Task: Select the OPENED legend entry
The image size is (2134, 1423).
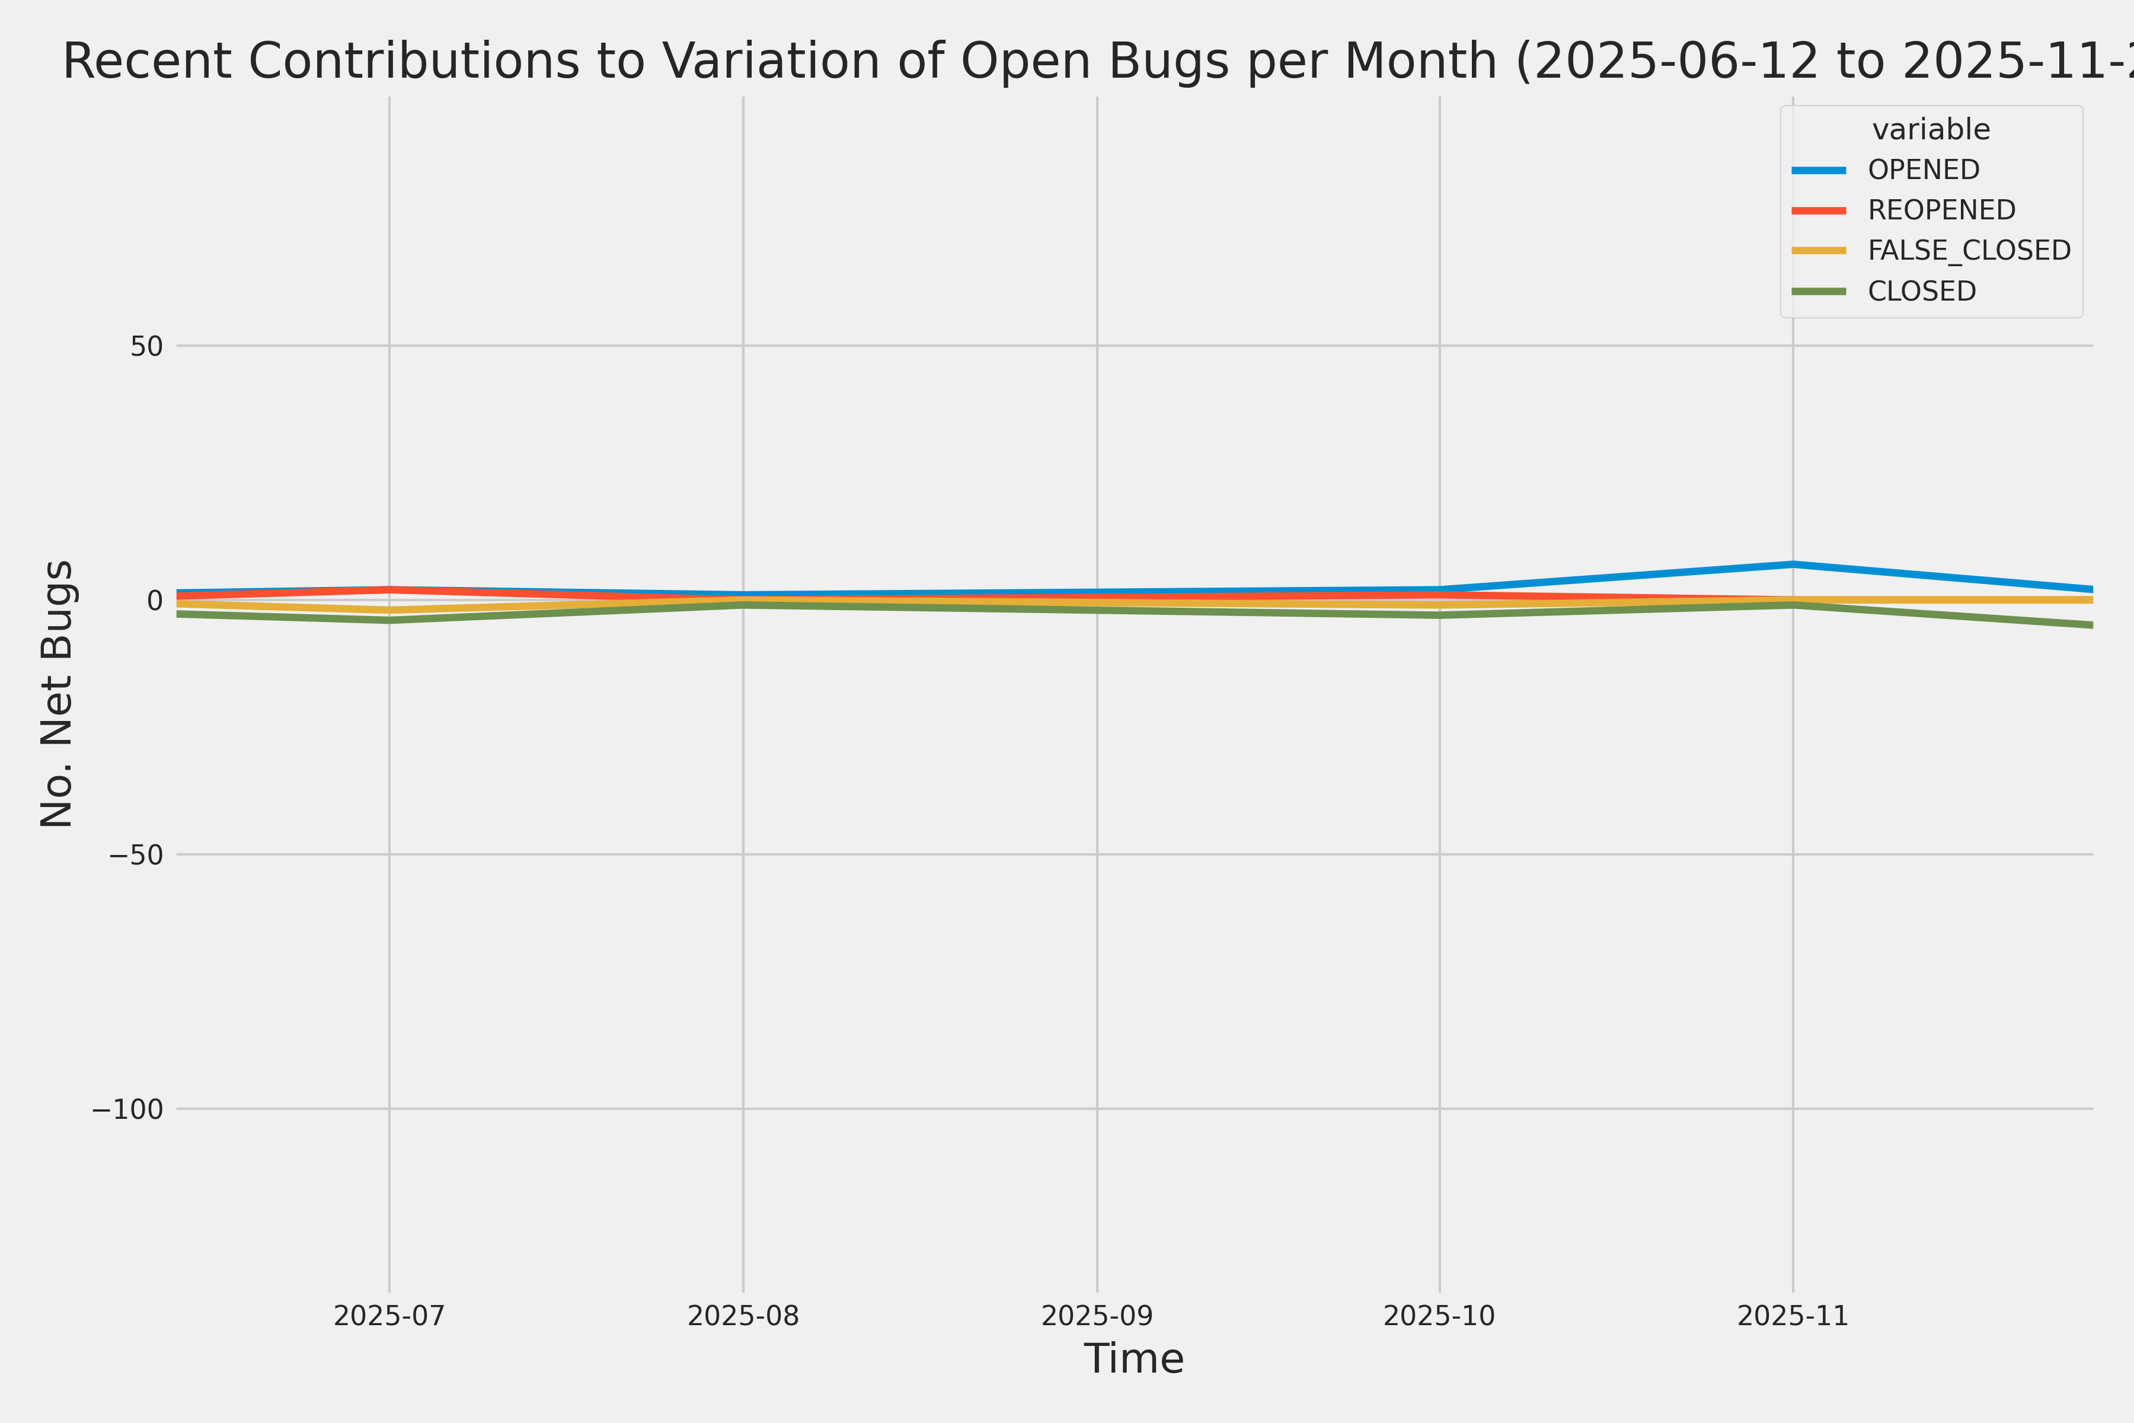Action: pyautogui.click(x=1924, y=170)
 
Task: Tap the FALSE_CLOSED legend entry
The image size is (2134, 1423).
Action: pyautogui.click(x=1969, y=250)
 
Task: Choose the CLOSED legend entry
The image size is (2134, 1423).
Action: pyautogui.click(x=1922, y=291)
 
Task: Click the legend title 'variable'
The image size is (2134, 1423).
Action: pyautogui.click(x=1931, y=130)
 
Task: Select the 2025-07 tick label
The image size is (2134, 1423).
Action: pyautogui.click(x=389, y=1316)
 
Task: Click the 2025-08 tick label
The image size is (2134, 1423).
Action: pyautogui.click(x=743, y=1316)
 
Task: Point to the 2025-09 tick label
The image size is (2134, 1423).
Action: pyautogui.click(x=1097, y=1316)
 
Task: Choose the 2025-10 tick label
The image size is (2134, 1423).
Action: pyautogui.click(x=1439, y=1316)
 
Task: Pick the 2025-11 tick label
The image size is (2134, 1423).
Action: pyautogui.click(x=1793, y=1316)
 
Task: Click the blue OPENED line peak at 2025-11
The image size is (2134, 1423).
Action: pyautogui.click(x=1793, y=564)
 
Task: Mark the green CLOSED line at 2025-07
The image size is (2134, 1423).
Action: pyautogui.click(x=389, y=621)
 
